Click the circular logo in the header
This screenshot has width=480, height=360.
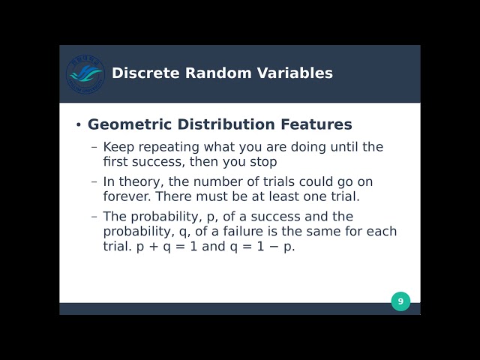[85, 73]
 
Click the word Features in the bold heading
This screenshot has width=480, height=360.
[313, 124]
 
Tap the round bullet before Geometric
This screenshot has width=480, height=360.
[78, 125]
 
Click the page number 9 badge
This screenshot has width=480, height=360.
[400, 301]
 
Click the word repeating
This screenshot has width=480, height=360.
[166, 147]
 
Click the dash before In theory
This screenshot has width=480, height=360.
[94, 181]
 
